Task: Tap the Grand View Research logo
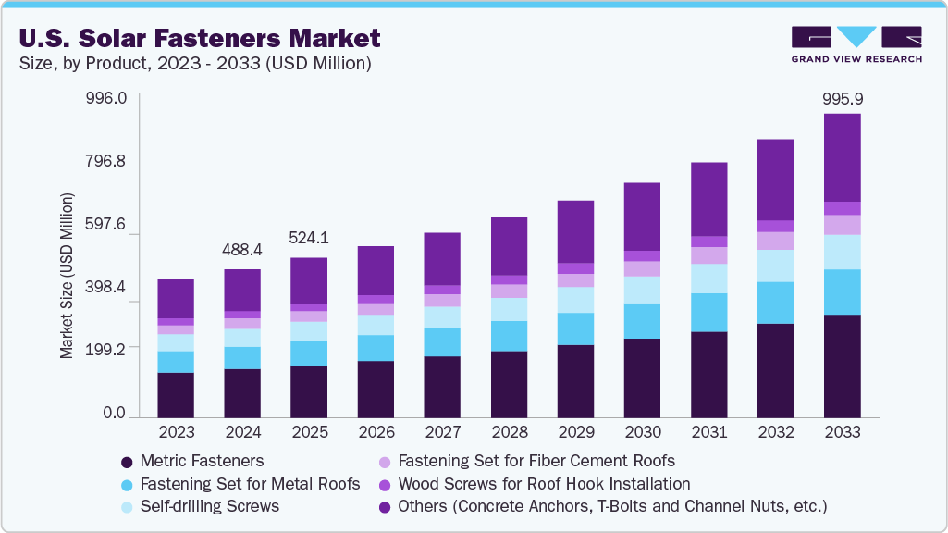tap(856, 44)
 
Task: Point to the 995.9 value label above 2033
tap(843, 98)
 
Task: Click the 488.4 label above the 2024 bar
tap(242, 250)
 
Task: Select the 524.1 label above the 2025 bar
tap(309, 238)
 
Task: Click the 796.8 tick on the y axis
tap(106, 162)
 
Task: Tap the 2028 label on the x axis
tap(510, 432)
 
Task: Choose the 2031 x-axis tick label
tap(708, 432)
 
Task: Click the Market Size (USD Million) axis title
tap(67, 276)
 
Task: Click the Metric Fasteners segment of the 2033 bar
tap(843, 366)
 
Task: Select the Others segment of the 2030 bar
tap(643, 217)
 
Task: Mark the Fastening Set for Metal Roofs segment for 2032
tap(776, 303)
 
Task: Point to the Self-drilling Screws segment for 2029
tap(575, 300)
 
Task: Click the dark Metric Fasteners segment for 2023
tap(176, 395)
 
